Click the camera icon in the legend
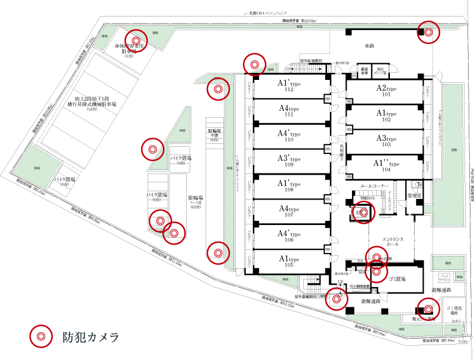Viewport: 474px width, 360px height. click(41, 336)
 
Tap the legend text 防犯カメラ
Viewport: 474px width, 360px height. click(91, 337)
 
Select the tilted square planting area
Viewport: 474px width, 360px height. click(37, 167)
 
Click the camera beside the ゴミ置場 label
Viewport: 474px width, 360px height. click(428, 308)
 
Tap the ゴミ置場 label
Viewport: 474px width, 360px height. click(454, 310)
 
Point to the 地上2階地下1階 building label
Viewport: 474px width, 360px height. click(91, 103)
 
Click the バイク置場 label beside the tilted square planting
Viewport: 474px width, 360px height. click(64, 181)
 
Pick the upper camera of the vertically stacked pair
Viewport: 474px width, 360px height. click(376, 258)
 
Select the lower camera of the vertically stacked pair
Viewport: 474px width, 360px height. click(376, 272)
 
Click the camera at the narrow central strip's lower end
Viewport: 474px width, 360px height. click(218, 253)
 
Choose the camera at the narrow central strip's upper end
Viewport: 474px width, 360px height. click(218, 89)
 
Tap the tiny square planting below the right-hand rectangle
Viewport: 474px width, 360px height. click(460, 276)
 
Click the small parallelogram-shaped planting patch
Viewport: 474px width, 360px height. click(104, 37)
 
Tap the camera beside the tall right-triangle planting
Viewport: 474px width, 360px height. click(152, 149)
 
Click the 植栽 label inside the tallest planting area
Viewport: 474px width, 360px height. click(454, 150)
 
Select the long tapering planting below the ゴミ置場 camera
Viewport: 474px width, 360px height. click(397, 325)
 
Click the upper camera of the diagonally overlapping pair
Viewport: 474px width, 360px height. click(160, 221)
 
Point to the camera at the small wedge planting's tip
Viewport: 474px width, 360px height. click(254, 64)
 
